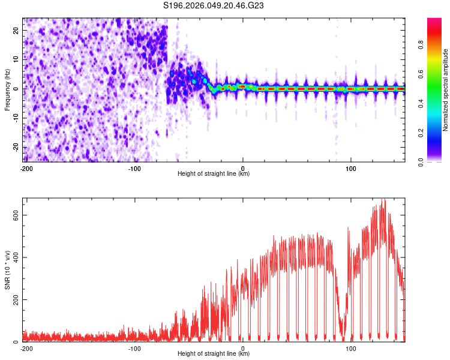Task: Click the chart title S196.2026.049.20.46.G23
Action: point(214,6)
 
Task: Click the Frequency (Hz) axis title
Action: point(7,89)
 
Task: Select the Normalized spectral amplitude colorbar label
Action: point(446,89)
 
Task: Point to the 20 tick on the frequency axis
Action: point(16,30)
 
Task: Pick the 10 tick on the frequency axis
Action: point(16,59)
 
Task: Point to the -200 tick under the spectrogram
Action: point(26,168)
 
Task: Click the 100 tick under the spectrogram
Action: point(351,168)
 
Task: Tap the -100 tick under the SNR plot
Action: point(134,348)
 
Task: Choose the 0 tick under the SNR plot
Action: point(243,348)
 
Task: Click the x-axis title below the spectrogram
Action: point(214,174)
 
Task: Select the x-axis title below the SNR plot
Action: point(214,354)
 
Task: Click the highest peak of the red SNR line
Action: point(383,200)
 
